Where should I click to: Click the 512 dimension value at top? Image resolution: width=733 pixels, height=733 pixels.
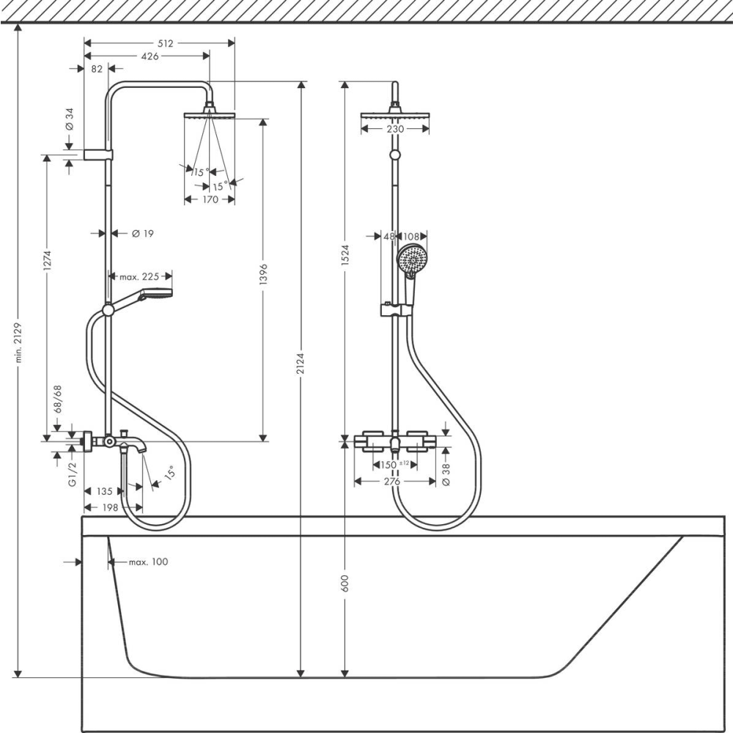(166, 43)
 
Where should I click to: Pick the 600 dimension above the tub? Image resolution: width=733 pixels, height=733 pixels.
(345, 583)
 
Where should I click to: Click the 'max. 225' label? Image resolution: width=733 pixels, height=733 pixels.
(140, 276)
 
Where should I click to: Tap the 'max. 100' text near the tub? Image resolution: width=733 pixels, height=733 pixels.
(148, 562)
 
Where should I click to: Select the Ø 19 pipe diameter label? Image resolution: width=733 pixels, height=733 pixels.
(142, 233)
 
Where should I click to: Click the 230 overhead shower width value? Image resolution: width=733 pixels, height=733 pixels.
(395, 129)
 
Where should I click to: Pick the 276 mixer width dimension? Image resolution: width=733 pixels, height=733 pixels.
(392, 482)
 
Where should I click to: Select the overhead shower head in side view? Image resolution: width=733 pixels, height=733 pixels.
(209, 114)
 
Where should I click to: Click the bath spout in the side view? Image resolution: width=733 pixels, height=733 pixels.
(132, 443)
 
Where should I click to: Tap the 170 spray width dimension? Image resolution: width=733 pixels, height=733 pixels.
(210, 199)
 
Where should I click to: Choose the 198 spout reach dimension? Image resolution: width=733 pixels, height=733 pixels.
(111, 507)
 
